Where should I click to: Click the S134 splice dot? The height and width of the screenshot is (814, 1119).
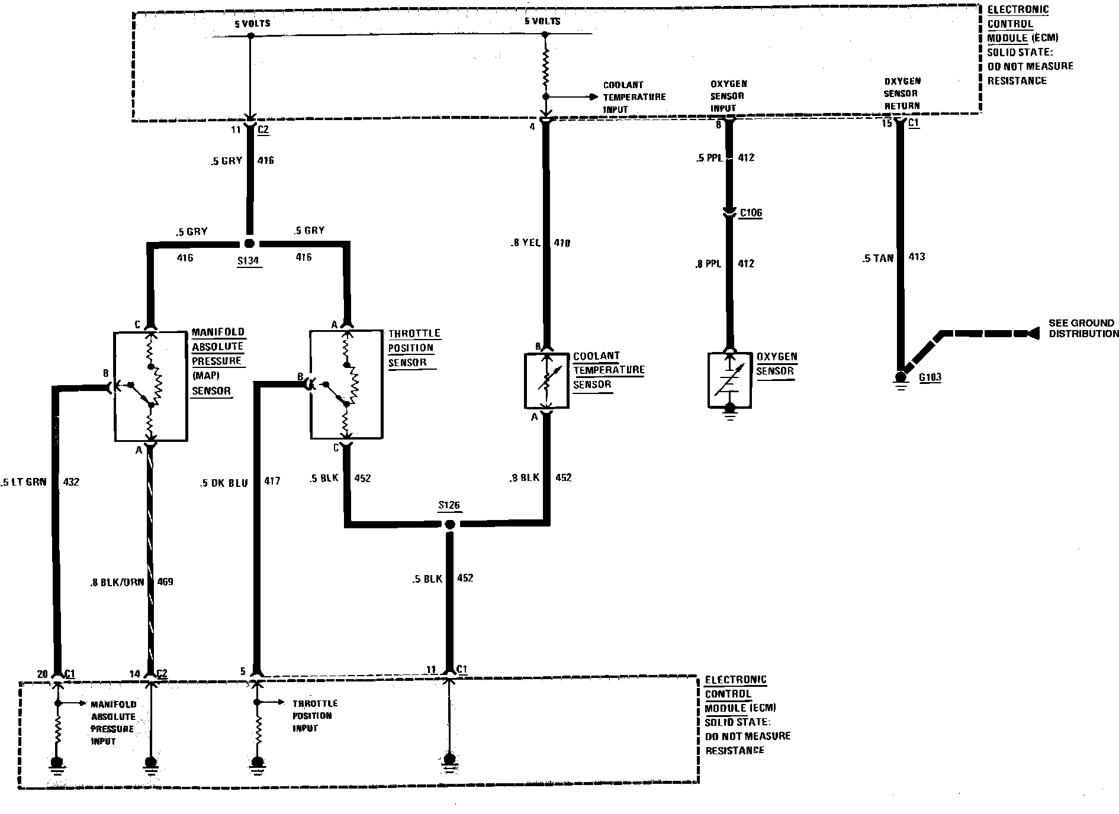(x=249, y=244)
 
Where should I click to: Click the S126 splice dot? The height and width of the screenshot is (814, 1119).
(x=449, y=524)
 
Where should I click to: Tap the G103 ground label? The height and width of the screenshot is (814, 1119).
(x=930, y=377)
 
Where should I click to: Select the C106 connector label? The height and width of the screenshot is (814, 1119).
(x=751, y=213)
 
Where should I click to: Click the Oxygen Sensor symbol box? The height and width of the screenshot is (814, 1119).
(x=729, y=380)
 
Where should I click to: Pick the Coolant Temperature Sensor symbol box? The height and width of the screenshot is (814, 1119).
(x=546, y=382)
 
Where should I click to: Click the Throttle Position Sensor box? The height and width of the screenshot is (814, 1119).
(x=347, y=385)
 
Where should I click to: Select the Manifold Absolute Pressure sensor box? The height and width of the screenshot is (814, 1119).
(x=150, y=386)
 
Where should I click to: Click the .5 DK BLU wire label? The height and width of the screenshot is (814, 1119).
(x=223, y=482)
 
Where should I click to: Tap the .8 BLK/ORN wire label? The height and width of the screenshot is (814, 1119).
(x=114, y=582)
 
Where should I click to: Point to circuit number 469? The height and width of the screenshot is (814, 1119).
(x=165, y=582)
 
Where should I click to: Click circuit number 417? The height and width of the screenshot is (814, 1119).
(x=272, y=482)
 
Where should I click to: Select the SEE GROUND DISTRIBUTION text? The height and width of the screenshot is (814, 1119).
(x=1083, y=328)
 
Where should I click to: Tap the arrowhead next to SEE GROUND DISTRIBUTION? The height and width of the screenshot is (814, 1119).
(x=1033, y=334)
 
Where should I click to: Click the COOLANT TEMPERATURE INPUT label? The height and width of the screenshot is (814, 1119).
(x=634, y=97)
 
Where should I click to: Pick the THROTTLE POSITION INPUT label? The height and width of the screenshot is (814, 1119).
(x=314, y=716)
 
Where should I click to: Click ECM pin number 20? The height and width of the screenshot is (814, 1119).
(x=42, y=674)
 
